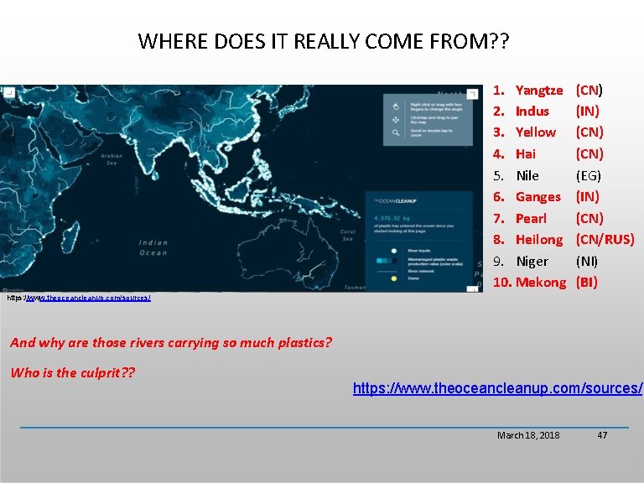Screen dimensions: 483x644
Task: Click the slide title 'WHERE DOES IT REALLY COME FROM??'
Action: (x=323, y=40)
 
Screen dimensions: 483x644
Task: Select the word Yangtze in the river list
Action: (x=538, y=90)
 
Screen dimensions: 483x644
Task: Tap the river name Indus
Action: (x=532, y=111)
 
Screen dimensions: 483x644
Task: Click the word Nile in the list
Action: (x=527, y=175)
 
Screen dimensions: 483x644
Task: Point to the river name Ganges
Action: (x=538, y=197)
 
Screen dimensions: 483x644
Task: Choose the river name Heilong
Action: (x=538, y=240)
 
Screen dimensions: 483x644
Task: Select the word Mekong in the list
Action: (x=540, y=283)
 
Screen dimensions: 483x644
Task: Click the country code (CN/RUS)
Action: (x=605, y=240)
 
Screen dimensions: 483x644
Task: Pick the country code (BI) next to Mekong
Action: (x=586, y=283)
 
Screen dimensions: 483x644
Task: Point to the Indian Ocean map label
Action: (x=153, y=247)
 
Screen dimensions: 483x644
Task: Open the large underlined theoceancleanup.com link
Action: (x=497, y=388)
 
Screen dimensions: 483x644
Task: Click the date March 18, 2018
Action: (x=528, y=435)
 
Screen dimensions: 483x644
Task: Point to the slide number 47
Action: (x=601, y=435)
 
